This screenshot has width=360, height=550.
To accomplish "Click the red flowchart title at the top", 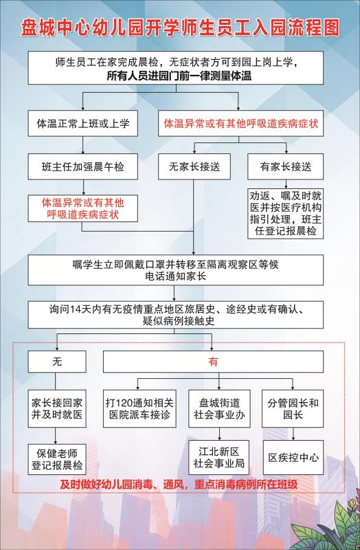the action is click(x=180, y=27).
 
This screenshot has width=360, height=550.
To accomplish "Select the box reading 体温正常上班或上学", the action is click(x=82, y=124).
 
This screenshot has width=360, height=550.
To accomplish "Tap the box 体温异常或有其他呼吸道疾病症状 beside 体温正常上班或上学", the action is click(x=241, y=124).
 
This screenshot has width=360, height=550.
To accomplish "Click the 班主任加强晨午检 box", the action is click(x=82, y=166).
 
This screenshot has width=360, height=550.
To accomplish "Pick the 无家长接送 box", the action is click(x=194, y=166).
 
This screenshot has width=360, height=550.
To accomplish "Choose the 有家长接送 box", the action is click(x=285, y=166).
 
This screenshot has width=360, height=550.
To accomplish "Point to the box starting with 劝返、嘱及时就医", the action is click(x=285, y=214).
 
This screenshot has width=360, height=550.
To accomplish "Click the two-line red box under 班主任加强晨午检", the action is click(x=82, y=208).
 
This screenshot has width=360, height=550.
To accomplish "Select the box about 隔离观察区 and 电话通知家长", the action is click(x=176, y=270).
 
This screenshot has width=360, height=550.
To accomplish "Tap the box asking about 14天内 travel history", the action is click(x=176, y=315).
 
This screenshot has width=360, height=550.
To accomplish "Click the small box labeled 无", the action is click(x=57, y=362).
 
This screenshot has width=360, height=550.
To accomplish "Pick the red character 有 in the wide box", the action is click(x=213, y=362).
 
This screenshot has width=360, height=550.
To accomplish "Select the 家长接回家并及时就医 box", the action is click(x=57, y=408).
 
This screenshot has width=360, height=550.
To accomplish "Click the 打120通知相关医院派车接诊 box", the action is click(x=139, y=408).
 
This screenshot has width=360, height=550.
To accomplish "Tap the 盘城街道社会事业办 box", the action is click(x=219, y=408).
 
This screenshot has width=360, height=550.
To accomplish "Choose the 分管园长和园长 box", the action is click(x=293, y=408).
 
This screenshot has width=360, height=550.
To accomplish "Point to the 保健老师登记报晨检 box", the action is click(x=57, y=459).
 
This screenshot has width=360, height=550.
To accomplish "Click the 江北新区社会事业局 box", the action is click(x=219, y=457).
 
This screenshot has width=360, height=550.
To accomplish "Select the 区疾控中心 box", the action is click(x=293, y=457).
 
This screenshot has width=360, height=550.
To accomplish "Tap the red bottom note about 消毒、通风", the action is click(x=179, y=485).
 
